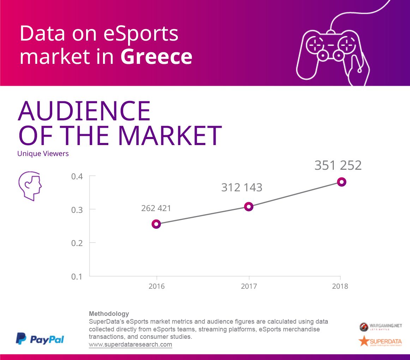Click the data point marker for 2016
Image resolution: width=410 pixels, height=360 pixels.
156,224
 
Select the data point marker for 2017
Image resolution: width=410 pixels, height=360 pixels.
249,207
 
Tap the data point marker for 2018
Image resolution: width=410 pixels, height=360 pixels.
341,182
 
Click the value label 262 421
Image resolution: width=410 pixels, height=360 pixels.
156,208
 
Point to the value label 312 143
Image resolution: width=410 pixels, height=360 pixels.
242,188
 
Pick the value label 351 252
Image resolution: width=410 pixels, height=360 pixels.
338,166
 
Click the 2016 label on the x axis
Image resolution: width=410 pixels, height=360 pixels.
156,286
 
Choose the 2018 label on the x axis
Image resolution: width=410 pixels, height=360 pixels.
340,286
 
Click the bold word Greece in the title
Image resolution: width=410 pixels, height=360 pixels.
156,57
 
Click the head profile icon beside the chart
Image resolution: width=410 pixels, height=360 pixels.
30,186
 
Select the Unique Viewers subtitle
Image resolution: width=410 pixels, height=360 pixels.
43,154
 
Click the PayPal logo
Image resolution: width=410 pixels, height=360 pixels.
40,339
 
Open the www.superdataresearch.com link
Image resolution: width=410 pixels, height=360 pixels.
131,344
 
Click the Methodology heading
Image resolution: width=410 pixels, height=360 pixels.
109,314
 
